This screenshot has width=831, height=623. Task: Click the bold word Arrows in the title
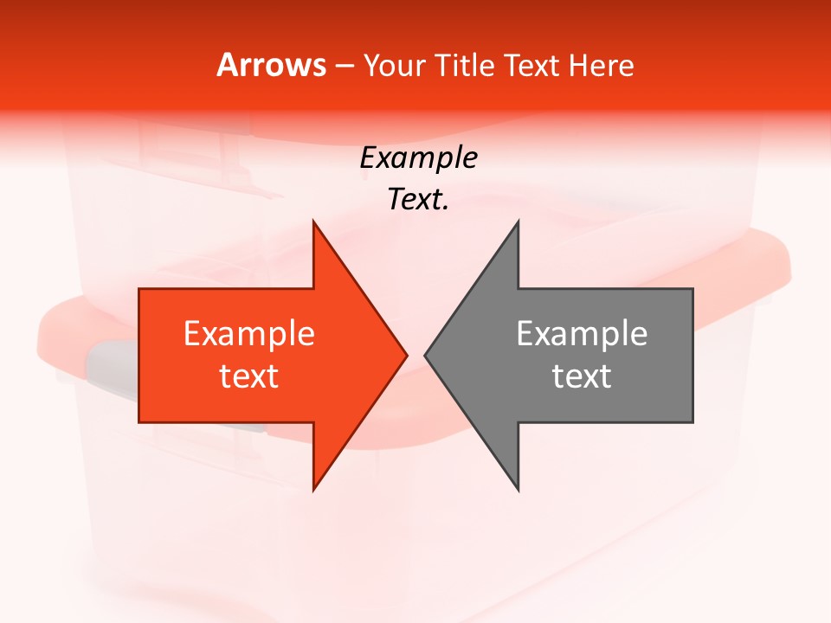[x=270, y=65]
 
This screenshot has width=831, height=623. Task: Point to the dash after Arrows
[x=343, y=67]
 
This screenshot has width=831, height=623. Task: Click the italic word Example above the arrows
[x=418, y=158]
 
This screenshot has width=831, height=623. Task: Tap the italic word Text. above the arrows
[x=418, y=200]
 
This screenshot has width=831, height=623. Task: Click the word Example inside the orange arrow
[x=249, y=334]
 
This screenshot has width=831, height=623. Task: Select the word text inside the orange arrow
[x=249, y=376]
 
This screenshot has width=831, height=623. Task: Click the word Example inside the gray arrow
[x=582, y=334]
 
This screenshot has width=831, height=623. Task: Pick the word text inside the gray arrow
[x=582, y=376]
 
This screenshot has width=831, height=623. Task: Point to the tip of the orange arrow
[x=405, y=355]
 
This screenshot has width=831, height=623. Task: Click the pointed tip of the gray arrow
[x=427, y=355]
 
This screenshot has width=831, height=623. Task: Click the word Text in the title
[x=532, y=66]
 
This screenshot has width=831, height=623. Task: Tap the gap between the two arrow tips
[x=415, y=355]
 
